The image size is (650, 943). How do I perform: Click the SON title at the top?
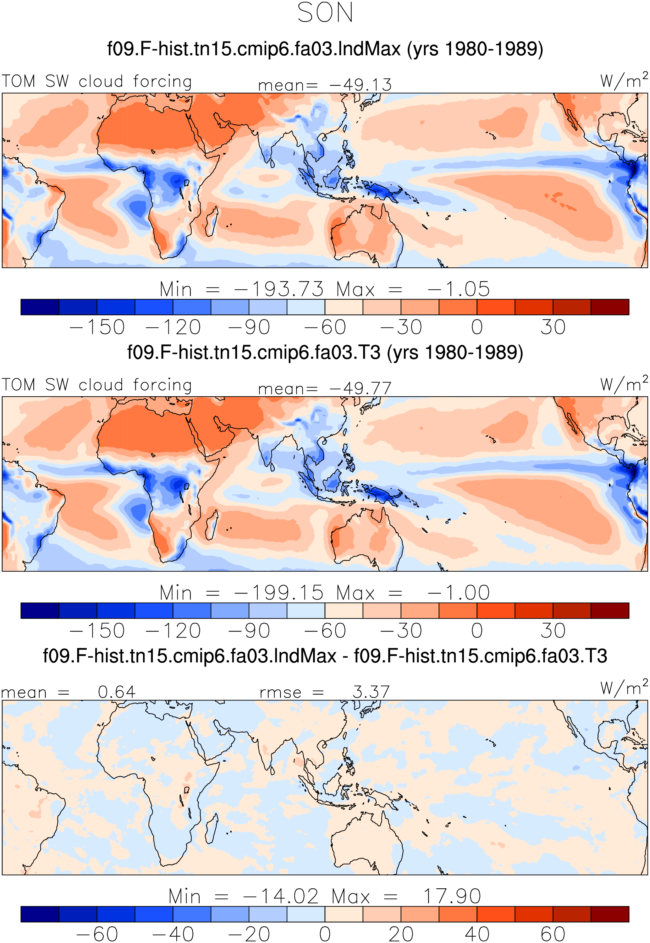pyautogui.click(x=325, y=13)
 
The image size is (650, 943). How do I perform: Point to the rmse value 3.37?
pyautogui.click(x=371, y=692)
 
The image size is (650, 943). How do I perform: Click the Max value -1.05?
pyautogui.click(x=459, y=289)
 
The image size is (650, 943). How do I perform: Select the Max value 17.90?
pyautogui.click(x=452, y=896)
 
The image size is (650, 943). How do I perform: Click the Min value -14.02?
pyautogui.click(x=281, y=896)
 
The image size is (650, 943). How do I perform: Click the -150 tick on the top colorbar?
pyautogui.click(x=97, y=327)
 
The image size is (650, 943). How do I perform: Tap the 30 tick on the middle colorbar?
pyautogui.click(x=553, y=631)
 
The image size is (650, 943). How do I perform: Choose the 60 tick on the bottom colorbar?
pyautogui.click(x=553, y=934)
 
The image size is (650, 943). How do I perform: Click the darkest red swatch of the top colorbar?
pyautogui.click(x=610, y=307)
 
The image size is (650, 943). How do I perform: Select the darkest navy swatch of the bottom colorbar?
pyautogui.click(x=40, y=914)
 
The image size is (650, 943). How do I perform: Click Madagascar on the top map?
pyautogui.click(x=211, y=221)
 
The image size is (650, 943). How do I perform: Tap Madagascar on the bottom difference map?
pyautogui.click(x=211, y=828)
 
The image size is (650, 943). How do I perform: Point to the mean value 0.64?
pyautogui.click(x=117, y=692)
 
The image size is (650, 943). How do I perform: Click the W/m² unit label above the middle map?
pyautogui.click(x=624, y=384)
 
